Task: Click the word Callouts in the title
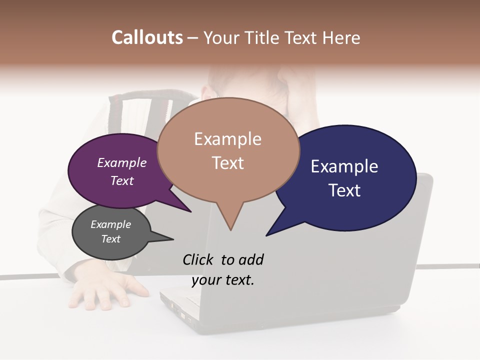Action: tap(147, 37)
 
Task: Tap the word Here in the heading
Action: tap(342, 37)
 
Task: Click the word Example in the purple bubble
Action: tap(121, 162)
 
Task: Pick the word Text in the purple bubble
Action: tap(121, 180)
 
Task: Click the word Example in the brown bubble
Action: tap(227, 139)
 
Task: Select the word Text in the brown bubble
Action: tap(227, 163)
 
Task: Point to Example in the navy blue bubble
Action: tap(344, 166)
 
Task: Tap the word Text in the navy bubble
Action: tap(344, 190)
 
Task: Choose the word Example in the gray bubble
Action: tap(110, 224)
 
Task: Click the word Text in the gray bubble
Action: tap(110, 239)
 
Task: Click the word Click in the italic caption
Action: tap(199, 259)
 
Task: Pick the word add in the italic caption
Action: tap(251, 259)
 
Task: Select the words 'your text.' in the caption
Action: tap(223, 280)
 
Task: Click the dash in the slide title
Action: tap(193, 38)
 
